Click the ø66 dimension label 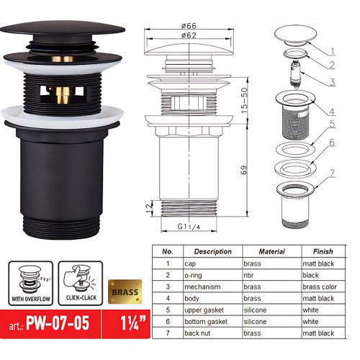[189, 25]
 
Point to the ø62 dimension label [189, 35]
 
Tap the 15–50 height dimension [244, 100]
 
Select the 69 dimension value [243, 170]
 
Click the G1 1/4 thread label [189, 226]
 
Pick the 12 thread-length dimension [149, 207]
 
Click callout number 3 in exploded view [332, 82]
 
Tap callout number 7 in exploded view [332, 174]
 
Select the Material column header [271, 251]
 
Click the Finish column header [323, 251]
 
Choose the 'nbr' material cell [248, 275]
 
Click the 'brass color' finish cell [320, 287]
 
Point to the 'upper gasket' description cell [204, 310]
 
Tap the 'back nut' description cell [197, 333]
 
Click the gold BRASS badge [125, 292]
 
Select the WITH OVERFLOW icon [31, 284]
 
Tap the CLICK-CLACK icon [81, 284]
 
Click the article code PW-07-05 [58, 323]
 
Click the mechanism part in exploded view [295, 74]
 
